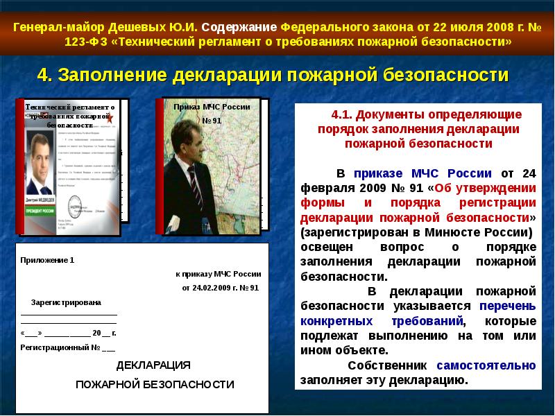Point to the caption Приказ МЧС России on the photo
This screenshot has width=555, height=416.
click(x=212, y=107)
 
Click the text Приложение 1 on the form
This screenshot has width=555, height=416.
click(x=47, y=261)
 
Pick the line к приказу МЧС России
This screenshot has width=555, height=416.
click(x=218, y=274)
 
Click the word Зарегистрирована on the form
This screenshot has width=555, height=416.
click(x=66, y=303)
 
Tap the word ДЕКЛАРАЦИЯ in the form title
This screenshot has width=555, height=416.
click(x=153, y=365)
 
